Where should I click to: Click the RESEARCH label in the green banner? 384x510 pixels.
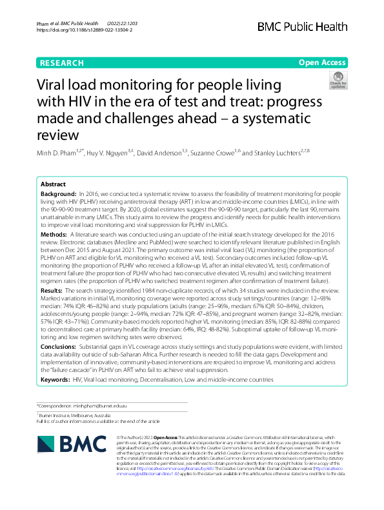pyautogui.click(x=62, y=63)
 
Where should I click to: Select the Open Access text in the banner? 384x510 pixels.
pyautogui.click(x=321, y=63)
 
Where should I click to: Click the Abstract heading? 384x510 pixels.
pyautogui.click(x=53, y=184)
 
